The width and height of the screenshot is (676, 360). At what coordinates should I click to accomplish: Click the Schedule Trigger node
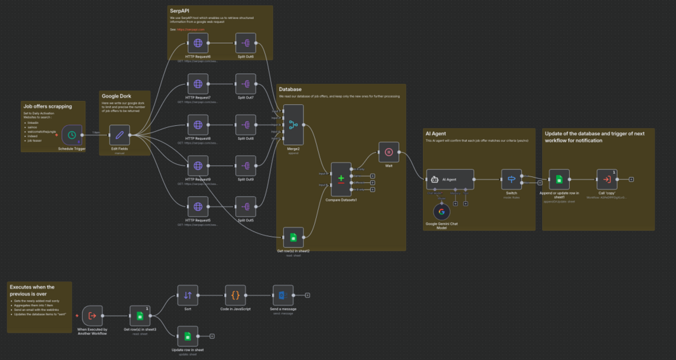click(71, 135)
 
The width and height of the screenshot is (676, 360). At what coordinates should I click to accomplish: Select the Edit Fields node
click(120, 135)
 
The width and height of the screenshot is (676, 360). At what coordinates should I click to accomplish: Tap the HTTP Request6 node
click(198, 44)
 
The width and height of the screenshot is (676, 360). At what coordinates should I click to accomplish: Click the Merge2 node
click(293, 124)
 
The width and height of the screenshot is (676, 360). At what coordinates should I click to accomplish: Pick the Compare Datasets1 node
click(340, 179)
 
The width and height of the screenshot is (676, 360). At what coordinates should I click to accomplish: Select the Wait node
click(389, 152)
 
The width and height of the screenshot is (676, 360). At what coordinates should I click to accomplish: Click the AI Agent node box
click(449, 179)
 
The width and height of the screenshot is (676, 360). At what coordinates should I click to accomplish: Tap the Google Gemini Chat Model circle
click(442, 211)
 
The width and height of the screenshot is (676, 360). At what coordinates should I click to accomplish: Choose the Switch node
click(511, 179)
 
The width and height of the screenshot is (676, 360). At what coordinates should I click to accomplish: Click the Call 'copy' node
click(607, 179)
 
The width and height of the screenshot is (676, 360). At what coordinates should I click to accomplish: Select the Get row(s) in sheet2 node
click(293, 237)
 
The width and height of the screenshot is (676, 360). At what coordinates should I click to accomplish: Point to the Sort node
click(188, 295)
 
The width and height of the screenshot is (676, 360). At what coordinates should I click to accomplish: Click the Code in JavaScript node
click(235, 295)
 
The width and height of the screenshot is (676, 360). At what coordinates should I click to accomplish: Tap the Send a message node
click(283, 295)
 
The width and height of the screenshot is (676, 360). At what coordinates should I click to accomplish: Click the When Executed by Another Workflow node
click(92, 315)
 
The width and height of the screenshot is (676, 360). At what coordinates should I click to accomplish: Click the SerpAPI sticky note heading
click(179, 11)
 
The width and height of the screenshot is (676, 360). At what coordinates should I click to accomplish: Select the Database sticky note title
click(290, 89)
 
